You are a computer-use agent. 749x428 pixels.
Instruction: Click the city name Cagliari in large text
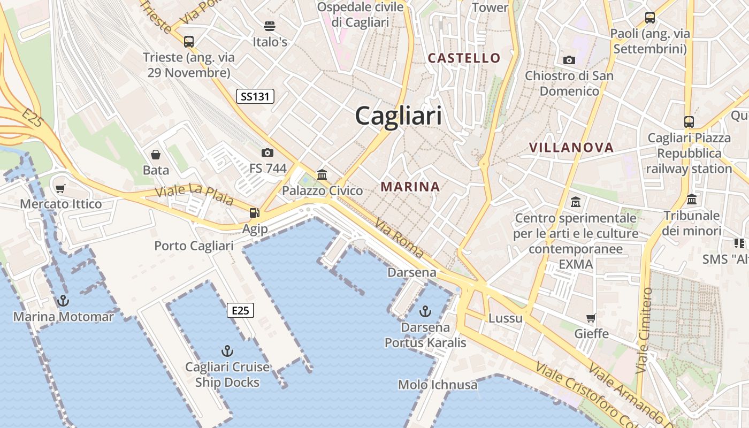[399, 116]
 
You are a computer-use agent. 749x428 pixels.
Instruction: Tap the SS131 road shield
[255, 96]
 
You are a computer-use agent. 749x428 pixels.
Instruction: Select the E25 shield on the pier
[240, 310]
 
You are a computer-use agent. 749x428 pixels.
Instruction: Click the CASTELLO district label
[464, 58]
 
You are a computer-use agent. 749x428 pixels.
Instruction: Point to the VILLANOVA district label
[571, 148]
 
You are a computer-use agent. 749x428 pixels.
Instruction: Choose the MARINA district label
[410, 187]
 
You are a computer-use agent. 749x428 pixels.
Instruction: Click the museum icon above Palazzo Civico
[322, 174]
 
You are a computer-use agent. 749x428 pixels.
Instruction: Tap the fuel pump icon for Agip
[254, 212]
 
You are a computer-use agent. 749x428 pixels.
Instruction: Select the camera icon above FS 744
[267, 153]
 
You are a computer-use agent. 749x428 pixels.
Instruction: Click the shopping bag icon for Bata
[156, 155]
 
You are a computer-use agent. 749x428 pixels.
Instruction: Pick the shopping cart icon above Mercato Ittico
[60, 188]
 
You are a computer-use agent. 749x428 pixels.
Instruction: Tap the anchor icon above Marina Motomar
[63, 301]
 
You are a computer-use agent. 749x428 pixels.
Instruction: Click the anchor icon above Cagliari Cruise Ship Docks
[227, 351]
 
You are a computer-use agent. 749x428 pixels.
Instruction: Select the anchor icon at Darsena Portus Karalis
[425, 311]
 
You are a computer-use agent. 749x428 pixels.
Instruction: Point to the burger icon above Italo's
[270, 26]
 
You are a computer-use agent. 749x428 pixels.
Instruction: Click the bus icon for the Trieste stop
[189, 41]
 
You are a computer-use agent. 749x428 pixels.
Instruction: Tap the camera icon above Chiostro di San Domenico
[569, 60]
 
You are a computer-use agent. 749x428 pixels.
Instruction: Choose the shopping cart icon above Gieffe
[591, 318]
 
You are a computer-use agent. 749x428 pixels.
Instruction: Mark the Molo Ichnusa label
[438, 384]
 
